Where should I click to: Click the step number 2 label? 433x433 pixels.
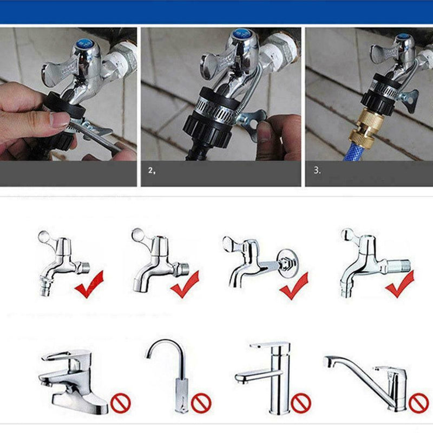pyautogui.click(x=152, y=171)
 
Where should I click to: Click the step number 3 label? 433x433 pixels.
pyautogui.click(x=317, y=170)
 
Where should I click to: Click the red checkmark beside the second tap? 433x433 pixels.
pyautogui.click(x=185, y=285)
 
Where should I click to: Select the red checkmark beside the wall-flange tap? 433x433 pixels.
pyautogui.click(x=294, y=286)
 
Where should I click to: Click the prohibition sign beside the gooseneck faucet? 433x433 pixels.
pyautogui.click(x=201, y=403)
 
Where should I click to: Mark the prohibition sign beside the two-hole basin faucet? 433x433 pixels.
pyautogui.click(x=120, y=403)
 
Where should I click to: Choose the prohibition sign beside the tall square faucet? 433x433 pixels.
pyautogui.click(x=301, y=403)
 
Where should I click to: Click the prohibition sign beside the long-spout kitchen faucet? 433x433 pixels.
pyautogui.click(x=418, y=403)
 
